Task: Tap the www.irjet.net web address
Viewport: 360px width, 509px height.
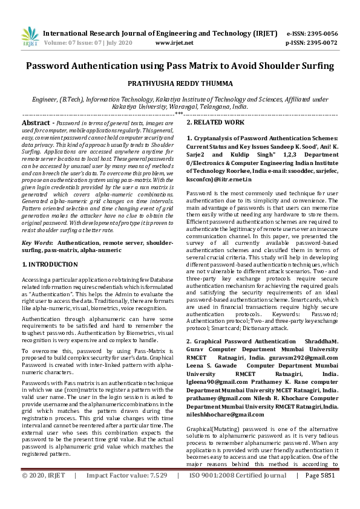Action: click(174, 43)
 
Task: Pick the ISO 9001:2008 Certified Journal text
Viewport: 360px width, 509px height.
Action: click(238, 493)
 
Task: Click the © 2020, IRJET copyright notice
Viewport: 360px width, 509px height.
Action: click(42, 493)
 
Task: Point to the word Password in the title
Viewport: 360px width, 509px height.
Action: click(54, 65)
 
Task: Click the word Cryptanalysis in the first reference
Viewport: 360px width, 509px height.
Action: click(215, 138)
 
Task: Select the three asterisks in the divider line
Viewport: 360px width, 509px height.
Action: click(179, 113)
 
